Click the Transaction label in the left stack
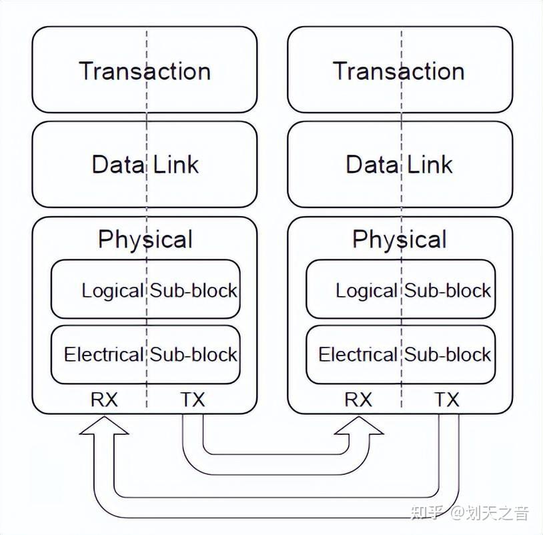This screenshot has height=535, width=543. pyautogui.click(x=145, y=71)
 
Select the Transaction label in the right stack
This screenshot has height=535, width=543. pyautogui.click(x=399, y=71)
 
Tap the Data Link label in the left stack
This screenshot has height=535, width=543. pyautogui.click(x=145, y=164)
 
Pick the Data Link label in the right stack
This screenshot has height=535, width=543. pyautogui.click(x=399, y=164)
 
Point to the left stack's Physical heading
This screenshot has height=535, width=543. pyautogui.click(x=145, y=239)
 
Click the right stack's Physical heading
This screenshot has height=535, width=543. pyautogui.click(x=399, y=239)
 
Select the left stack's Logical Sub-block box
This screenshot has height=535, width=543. pyautogui.click(x=145, y=290)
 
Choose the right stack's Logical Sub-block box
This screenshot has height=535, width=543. pyautogui.click(x=400, y=290)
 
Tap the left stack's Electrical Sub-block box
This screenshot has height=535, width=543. pyautogui.click(x=145, y=354)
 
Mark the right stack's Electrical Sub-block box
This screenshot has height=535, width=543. pyautogui.click(x=400, y=354)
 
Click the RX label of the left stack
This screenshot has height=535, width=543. pyautogui.click(x=104, y=400)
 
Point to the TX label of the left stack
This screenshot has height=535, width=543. pyautogui.click(x=192, y=400)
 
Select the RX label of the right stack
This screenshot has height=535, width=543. pyautogui.click(x=358, y=400)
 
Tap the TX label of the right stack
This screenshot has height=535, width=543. pyautogui.click(x=447, y=400)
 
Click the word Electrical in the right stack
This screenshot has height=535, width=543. pyautogui.click(x=358, y=354)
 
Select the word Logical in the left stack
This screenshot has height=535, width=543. pyautogui.click(x=112, y=290)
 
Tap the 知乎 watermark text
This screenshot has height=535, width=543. pyautogui.click(x=424, y=513)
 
